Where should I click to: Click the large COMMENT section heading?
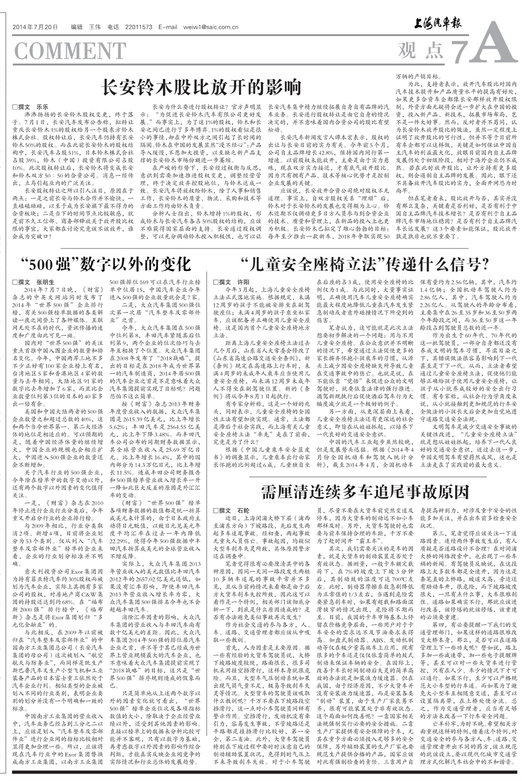(x=70, y=51)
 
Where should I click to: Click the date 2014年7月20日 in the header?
(x=35, y=28)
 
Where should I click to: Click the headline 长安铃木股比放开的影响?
(x=201, y=87)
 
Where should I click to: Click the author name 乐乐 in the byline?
(x=43, y=106)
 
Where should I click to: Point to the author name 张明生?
(x=45, y=282)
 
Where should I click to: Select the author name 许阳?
(x=243, y=282)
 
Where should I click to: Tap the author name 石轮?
(x=243, y=511)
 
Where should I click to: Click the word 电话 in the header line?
(x=113, y=28)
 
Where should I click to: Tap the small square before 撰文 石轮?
(x=216, y=511)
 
